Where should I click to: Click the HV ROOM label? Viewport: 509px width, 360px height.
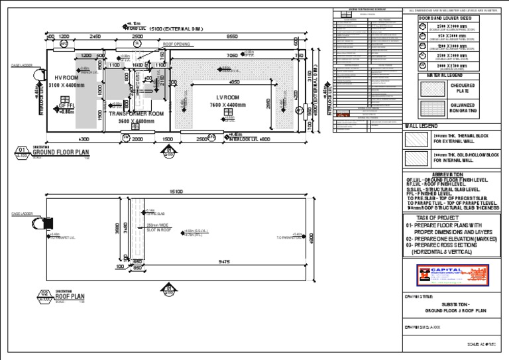click(x=66, y=78)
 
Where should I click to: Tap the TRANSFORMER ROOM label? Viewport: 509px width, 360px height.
click(x=135, y=113)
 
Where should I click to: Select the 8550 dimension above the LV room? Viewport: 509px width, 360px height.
click(x=233, y=36)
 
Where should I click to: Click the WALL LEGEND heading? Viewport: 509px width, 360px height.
click(x=420, y=125)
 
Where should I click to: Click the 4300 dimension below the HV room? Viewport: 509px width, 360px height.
click(x=84, y=139)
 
